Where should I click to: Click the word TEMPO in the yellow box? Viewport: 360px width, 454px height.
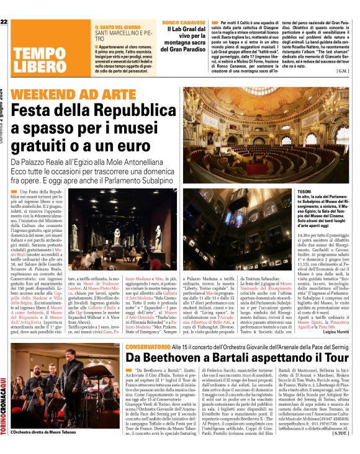(35, 53)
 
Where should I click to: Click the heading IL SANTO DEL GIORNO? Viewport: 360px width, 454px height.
(117, 28)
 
